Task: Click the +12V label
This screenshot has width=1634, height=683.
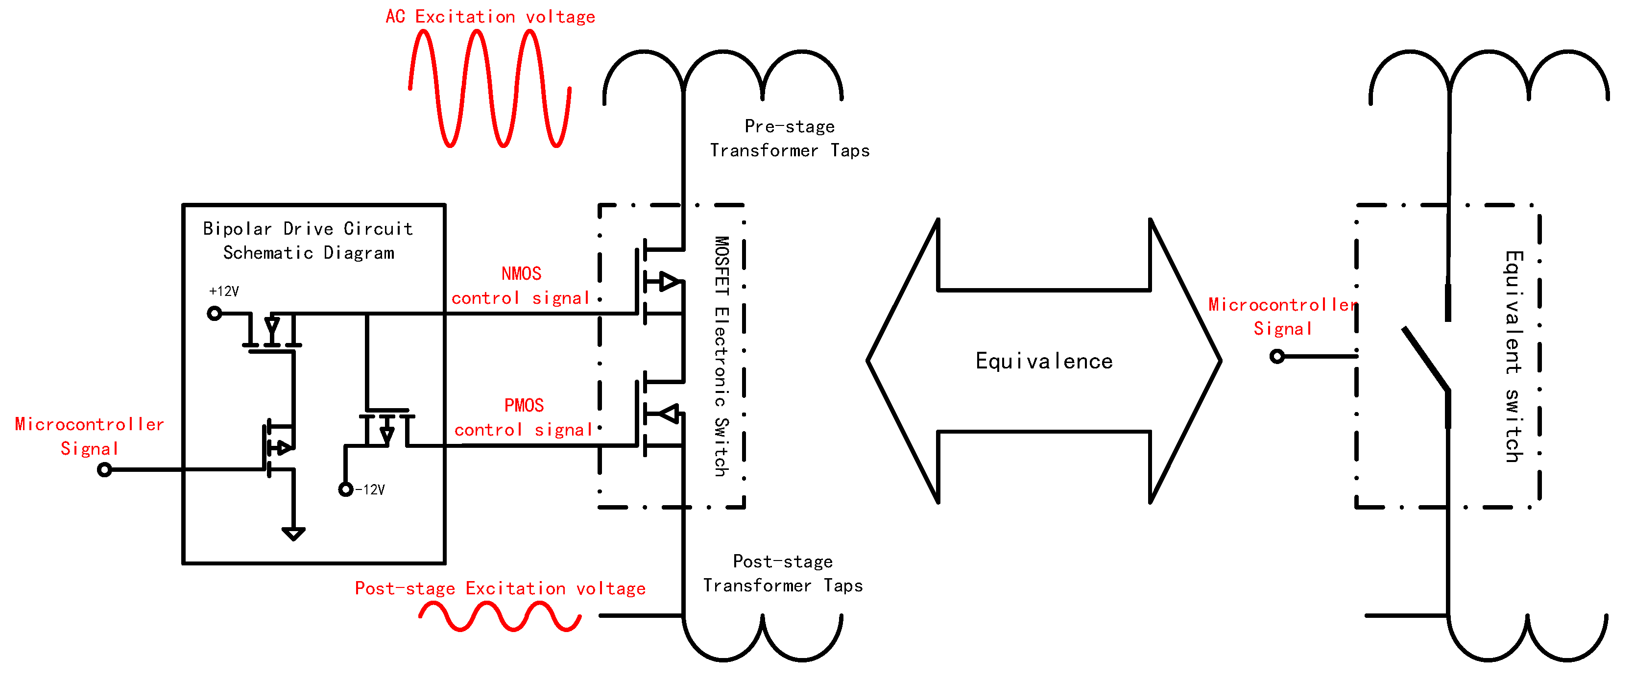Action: [x=224, y=292]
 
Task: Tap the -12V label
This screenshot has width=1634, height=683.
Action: [x=370, y=489]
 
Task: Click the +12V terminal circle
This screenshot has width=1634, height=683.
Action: [x=215, y=313]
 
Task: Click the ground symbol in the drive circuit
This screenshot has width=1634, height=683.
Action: [x=293, y=533]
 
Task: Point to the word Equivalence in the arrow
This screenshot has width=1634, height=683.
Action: [x=1043, y=361]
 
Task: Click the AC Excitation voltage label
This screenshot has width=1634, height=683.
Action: [x=490, y=17]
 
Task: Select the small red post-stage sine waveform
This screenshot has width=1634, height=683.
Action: [x=500, y=616]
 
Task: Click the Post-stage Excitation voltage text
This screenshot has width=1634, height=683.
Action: [x=500, y=588]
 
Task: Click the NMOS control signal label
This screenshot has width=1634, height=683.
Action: [x=521, y=286]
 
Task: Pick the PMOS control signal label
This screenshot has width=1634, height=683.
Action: [x=523, y=417]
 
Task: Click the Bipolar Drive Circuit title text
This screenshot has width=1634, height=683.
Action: [x=308, y=241]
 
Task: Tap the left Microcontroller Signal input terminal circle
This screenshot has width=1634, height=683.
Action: [x=105, y=470]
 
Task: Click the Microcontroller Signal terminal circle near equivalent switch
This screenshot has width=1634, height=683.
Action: [x=1277, y=357]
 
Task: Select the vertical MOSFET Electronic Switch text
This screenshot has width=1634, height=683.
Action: [x=721, y=356]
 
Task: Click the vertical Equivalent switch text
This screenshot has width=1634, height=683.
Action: [x=1514, y=356]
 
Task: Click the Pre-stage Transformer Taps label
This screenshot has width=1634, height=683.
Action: [x=789, y=138]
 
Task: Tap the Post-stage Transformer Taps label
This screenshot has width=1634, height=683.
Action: [x=783, y=573]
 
